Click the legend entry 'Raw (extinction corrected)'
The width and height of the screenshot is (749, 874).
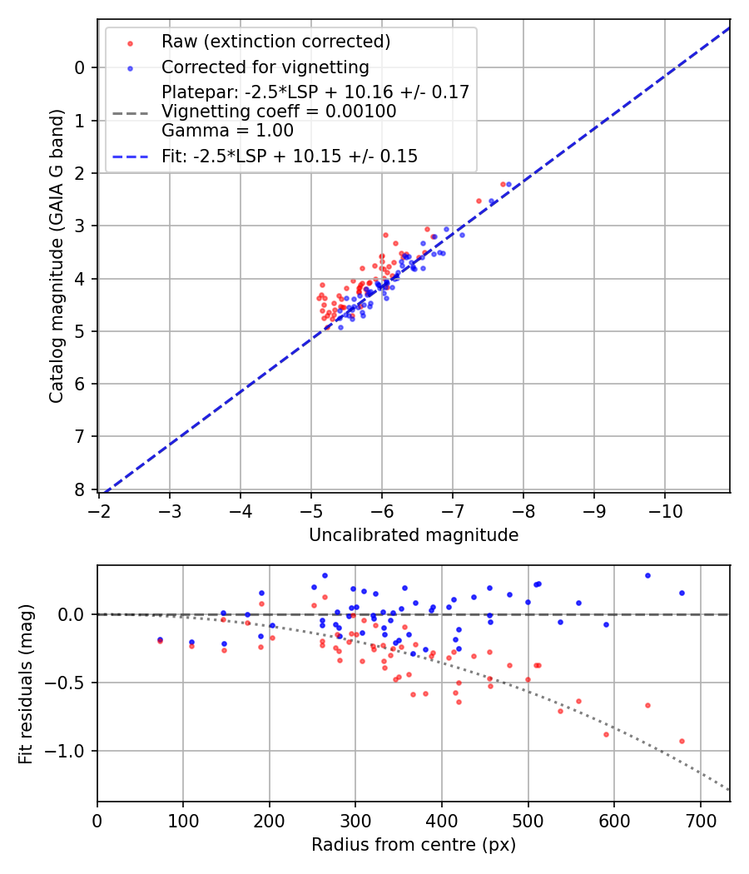click(x=275, y=42)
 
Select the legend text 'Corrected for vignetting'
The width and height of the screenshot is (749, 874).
click(x=265, y=67)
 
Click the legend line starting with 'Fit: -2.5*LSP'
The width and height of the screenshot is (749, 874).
click(x=290, y=156)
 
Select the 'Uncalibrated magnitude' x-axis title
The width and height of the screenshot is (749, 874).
click(x=414, y=535)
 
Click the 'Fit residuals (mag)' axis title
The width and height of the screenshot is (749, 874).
click(x=26, y=684)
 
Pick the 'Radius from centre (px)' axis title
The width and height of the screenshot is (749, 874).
click(x=414, y=845)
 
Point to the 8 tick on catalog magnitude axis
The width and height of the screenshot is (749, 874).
click(x=81, y=489)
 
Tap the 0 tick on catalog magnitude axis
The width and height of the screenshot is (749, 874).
click(x=81, y=67)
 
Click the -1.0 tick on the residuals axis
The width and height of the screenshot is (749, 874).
click(x=70, y=751)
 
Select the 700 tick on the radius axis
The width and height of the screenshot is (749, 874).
click(x=700, y=819)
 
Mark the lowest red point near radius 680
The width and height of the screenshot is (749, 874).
click(x=682, y=741)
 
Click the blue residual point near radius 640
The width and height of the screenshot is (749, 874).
click(x=647, y=575)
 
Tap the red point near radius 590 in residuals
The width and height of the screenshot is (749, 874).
click(x=606, y=734)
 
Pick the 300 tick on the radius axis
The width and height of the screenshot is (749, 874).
click(x=355, y=819)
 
